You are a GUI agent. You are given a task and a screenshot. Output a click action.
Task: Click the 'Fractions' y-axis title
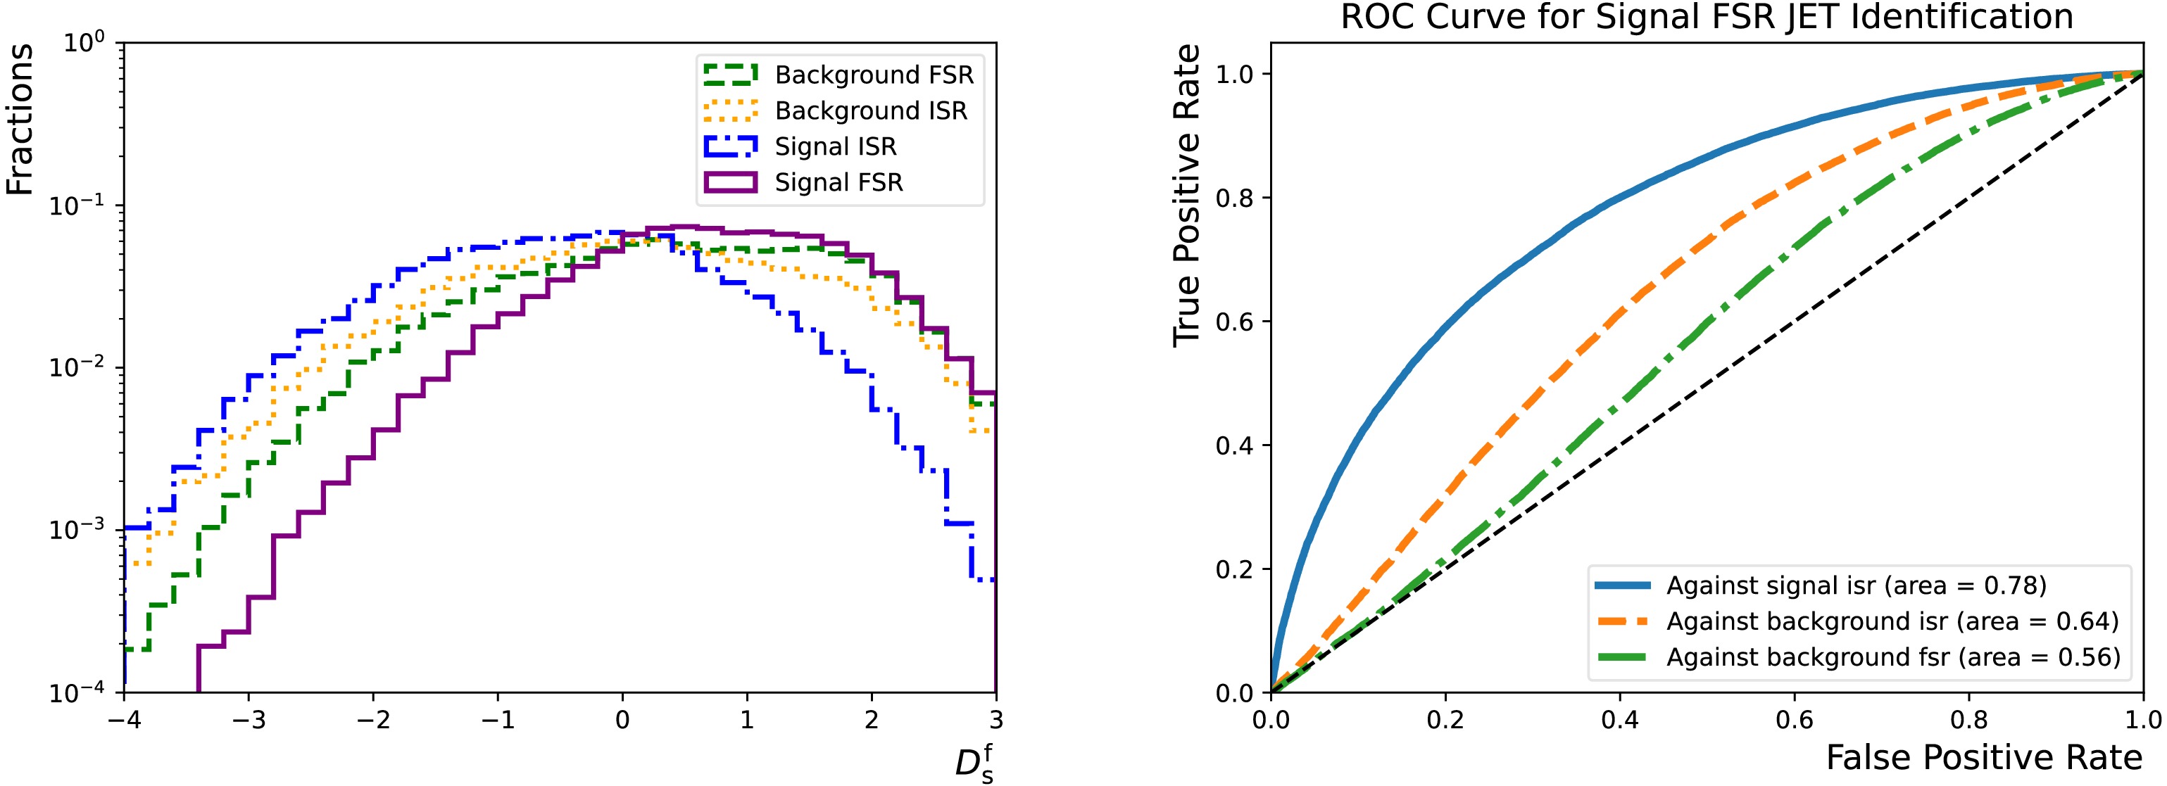pyautogui.click(x=20, y=120)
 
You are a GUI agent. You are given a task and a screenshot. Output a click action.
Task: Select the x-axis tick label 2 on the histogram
pyautogui.click(x=872, y=721)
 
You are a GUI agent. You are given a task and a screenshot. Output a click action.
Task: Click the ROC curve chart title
pyautogui.click(x=1706, y=17)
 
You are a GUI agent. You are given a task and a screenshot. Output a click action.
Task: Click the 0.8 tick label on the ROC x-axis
pyautogui.click(x=1968, y=721)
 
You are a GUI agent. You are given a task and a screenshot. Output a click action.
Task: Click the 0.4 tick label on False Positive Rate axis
pyautogui.click(x=1619, y=721)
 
